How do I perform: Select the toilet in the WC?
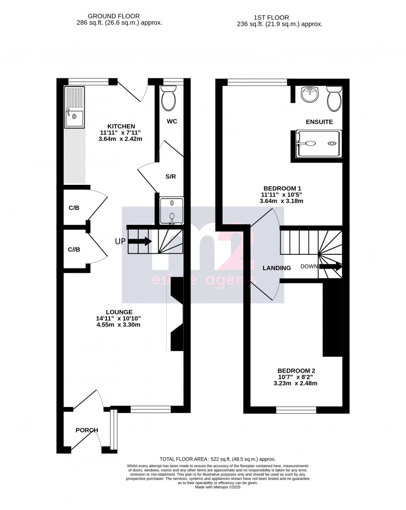click(x=169, y=99)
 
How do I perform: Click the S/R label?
click(x=170, y=177)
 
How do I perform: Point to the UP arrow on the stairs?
click(x=140, y=241)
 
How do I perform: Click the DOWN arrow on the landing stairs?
click(x=330, y=267)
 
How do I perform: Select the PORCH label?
click(x=87, y=430)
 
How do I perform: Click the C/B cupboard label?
click(x=74, y=208)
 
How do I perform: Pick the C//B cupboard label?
click(x=74, y=250)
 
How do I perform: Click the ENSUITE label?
click(x=319, y=122)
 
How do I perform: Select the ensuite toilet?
click(x=334, y=98)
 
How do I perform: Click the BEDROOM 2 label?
click(x=296, y=371)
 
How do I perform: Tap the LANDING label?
click(x=277, y=268)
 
